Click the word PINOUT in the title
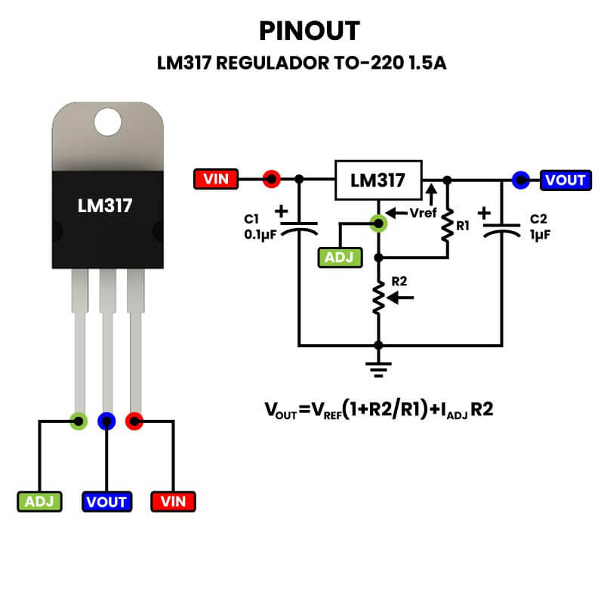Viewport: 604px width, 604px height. [310, 30]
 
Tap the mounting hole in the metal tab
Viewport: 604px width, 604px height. [108, 122]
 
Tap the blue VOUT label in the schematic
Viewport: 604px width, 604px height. [565, 180]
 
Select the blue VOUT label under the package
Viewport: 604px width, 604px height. [106, 501]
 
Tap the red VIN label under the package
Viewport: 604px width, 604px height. [174, 501]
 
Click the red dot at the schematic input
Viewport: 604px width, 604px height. [271, 180]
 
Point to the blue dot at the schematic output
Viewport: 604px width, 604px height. [519, 180]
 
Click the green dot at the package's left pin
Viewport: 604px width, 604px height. [77, 421]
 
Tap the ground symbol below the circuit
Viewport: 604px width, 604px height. [378, 369]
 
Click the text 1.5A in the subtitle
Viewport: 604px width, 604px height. [427, 63]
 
